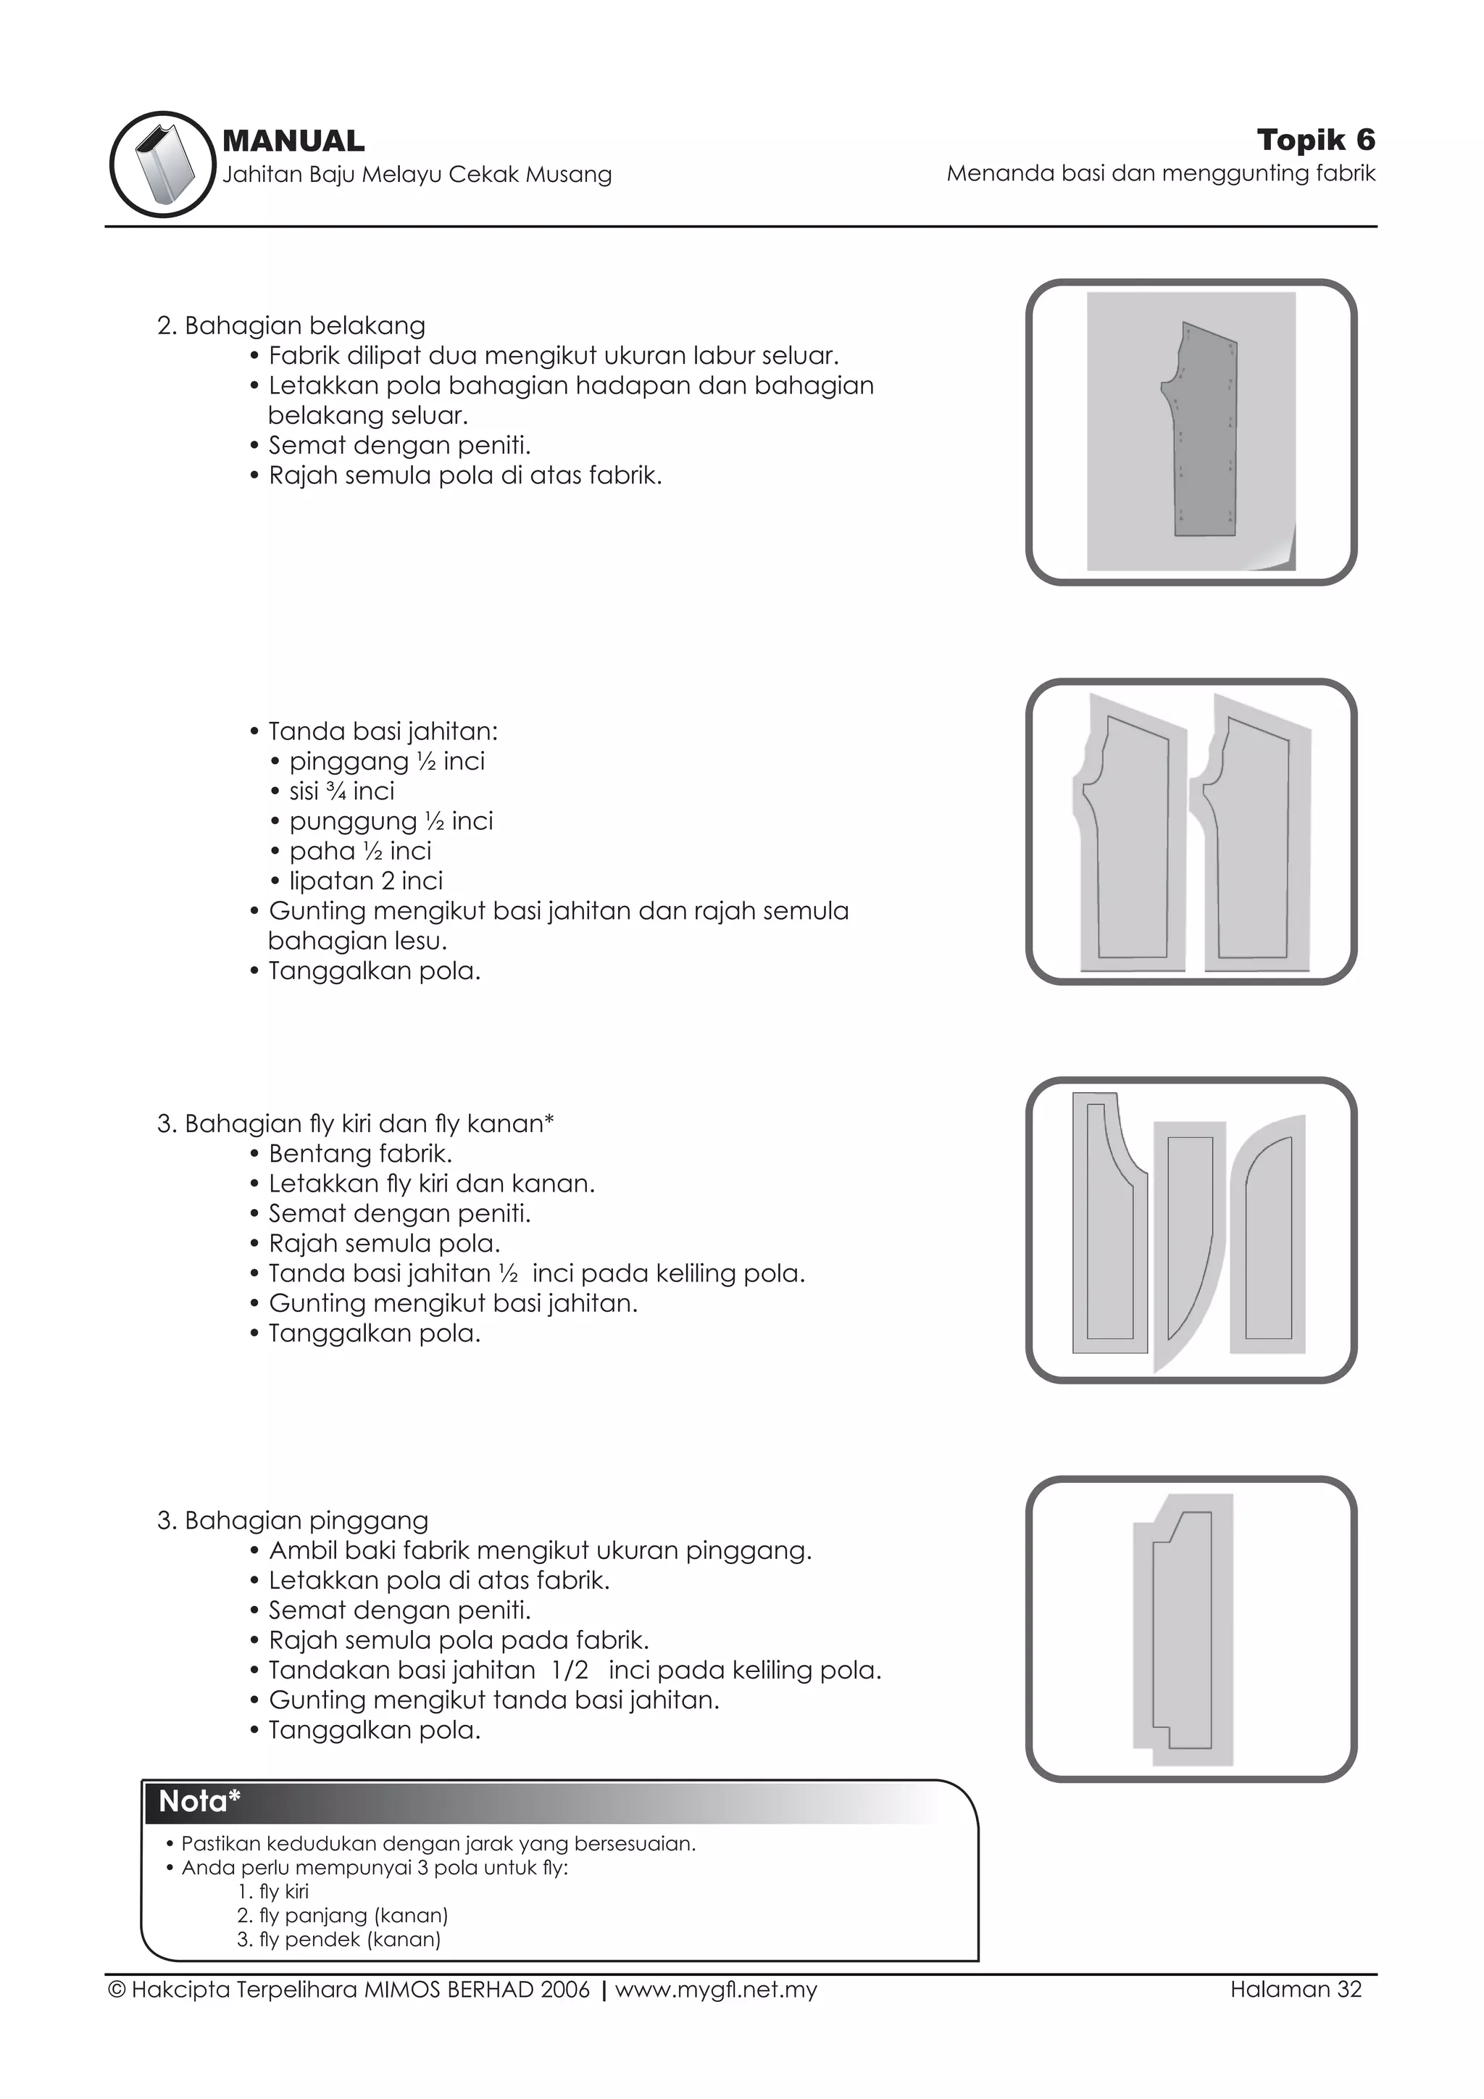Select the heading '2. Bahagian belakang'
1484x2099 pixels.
click(x=291, y=325)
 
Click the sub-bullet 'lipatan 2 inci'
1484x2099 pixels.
click(x=365, y=881)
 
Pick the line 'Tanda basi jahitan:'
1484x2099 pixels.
click(x=383, y=731)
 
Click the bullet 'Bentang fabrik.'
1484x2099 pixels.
click(x=360, y=1154)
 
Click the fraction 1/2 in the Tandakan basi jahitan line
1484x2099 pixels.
click(x=570, y=1670)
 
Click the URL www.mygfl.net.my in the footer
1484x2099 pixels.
click(x=715, y=1990)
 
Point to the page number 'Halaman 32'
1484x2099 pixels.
click(x=1295, y=1990)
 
